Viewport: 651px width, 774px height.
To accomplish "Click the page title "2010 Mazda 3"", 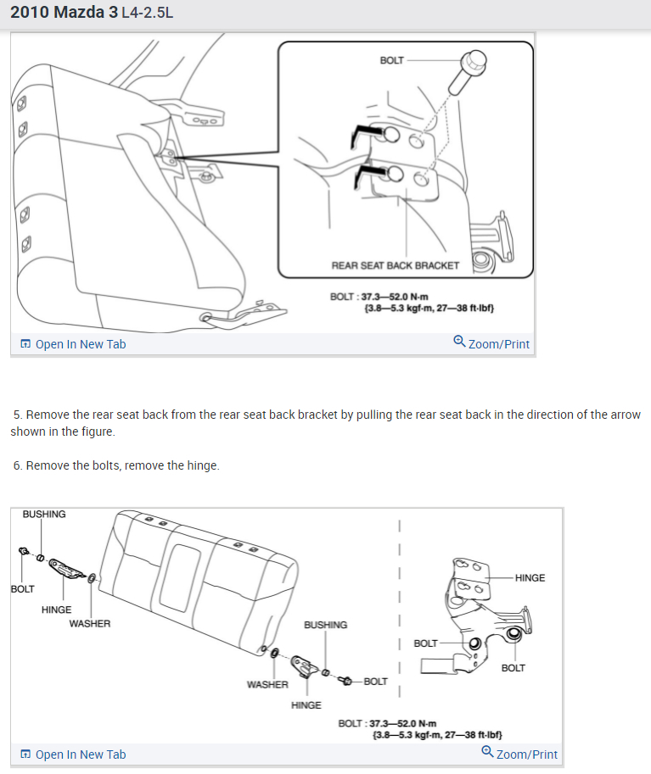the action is pos(64,14).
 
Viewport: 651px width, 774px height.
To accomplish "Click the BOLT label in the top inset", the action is pos(392,61).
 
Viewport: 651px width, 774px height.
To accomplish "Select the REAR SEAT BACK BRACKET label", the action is pos(395,265).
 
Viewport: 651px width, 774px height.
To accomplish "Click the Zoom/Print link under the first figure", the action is pos(498,344).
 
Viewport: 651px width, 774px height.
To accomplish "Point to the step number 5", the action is pos(17,415).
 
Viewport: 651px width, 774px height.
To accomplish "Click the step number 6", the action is pos(17,465).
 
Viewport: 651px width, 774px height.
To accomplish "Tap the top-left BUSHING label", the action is pos(44,515).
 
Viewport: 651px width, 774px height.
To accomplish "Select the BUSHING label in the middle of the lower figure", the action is pos(325,625).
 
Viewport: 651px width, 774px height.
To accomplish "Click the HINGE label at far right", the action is pos(530,578).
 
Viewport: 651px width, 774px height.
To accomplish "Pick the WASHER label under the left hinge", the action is pos(90,624).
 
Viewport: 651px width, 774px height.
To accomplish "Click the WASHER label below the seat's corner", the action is pos(267,684).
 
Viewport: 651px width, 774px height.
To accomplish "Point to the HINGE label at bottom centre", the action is pos(306,705).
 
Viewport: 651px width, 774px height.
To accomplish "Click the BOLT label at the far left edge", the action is pos(22,589).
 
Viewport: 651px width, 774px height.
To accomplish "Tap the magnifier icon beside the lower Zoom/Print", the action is pos(487,752).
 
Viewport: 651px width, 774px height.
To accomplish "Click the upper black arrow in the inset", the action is pos(367,130).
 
